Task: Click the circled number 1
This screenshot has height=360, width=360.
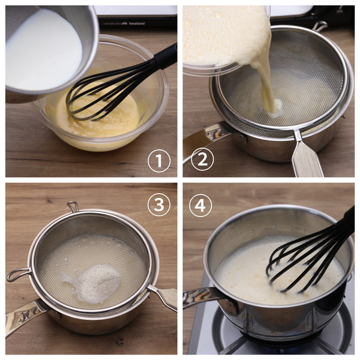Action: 159,161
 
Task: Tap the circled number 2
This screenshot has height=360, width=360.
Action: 202,159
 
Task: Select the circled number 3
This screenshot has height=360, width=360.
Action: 159,205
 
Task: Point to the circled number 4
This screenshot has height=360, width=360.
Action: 200,205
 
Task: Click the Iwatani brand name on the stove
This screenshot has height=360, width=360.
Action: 137,23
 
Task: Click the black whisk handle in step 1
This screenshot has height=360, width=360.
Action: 166,56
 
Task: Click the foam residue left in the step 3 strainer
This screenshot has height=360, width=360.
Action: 94,284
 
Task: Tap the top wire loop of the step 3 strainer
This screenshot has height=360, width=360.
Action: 73,206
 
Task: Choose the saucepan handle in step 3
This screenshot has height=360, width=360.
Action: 25,316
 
